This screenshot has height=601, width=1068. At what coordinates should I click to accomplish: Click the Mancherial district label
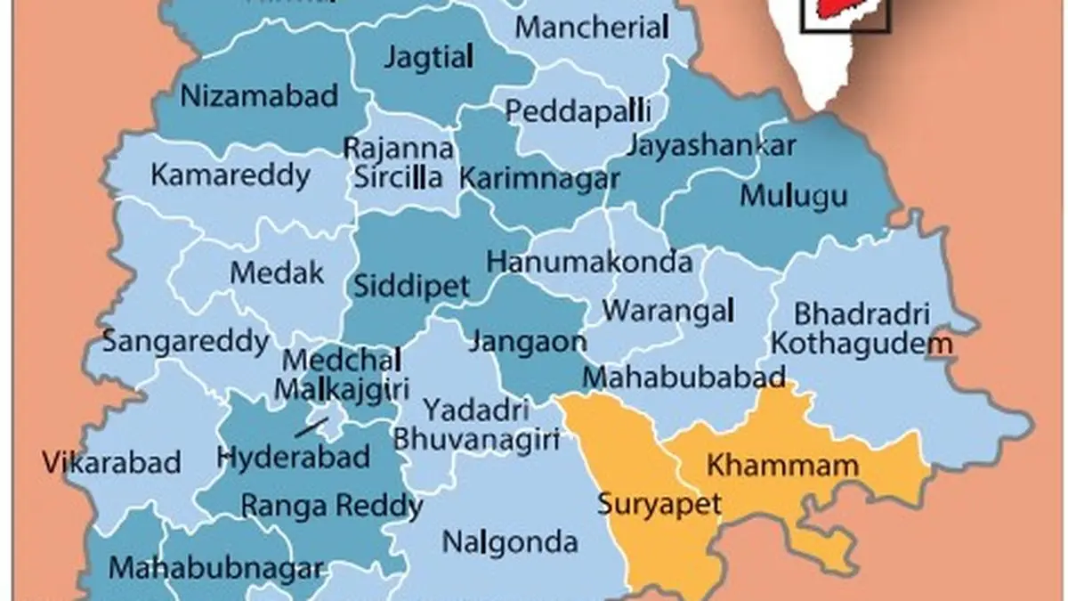tap(592, 27)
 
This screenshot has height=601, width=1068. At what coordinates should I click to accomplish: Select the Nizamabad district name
tap(259, 95)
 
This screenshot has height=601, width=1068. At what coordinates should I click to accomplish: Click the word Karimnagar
tap(539, 177)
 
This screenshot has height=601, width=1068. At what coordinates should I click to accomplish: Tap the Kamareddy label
tap(231, 175)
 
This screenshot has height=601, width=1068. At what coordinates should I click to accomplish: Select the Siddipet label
tap(411, 287)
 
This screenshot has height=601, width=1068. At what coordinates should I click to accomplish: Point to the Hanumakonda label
tap(589, 262)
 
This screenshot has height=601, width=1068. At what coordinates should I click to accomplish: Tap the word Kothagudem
tap(862, 342)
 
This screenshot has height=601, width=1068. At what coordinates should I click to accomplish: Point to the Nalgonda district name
tap(510, 541)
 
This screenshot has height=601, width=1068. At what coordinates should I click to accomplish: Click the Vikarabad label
tap(111, 463)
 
